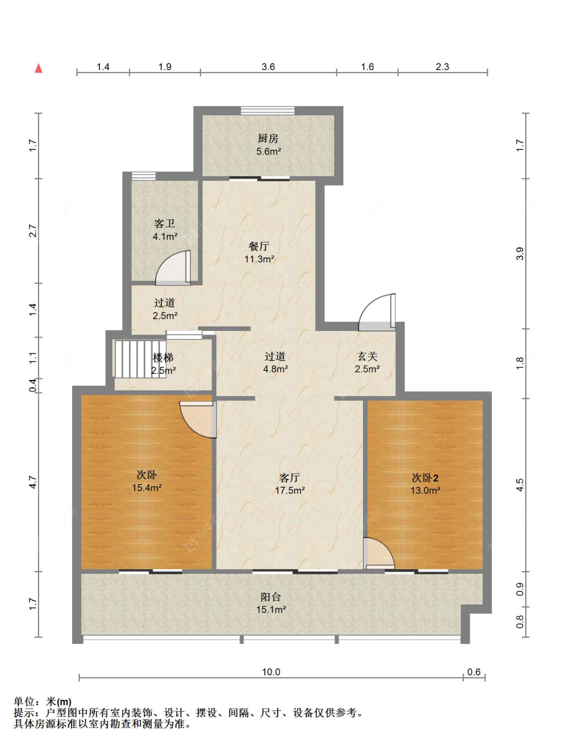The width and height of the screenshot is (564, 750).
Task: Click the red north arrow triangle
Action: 39,68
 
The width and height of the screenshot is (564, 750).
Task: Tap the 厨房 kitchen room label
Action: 268,138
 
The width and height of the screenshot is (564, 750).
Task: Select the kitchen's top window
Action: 268,110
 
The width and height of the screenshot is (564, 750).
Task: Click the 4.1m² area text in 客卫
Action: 165,236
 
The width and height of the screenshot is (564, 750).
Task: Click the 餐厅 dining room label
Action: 259,246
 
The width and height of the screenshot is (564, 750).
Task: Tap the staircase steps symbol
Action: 140,359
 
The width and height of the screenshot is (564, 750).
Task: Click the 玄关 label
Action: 367,356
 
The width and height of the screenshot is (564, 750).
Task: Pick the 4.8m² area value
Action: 275,369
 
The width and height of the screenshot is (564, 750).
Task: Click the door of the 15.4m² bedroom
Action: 198,419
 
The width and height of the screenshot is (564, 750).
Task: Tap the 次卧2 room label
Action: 425,478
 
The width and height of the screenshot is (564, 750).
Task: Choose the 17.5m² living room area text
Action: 290,490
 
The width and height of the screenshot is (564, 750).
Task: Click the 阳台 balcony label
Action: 271,597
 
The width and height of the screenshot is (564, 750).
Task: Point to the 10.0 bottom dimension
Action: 271,672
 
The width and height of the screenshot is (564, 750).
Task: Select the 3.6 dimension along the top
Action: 269,67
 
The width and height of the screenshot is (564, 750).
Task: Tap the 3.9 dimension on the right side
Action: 520,253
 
